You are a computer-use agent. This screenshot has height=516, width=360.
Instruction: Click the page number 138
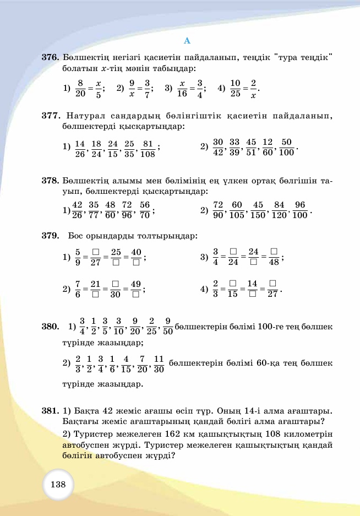(x=58, y=485)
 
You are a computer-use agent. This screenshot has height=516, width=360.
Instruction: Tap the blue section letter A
(x=187, y=41)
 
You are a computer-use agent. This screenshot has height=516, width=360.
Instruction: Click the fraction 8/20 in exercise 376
(x=80, y=88)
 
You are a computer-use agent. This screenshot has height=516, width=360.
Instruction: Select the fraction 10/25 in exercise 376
(x=236, y=88)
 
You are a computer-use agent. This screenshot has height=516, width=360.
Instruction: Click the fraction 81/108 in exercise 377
(x=148, y=148)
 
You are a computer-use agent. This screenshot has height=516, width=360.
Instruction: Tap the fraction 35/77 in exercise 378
(x=94, y=210)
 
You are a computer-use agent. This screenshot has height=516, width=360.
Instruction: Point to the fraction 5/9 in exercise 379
(x=78, y=257)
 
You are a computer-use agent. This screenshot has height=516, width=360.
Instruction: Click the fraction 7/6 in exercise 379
(x=78, y=289)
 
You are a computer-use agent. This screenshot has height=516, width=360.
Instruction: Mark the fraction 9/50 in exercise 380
(x=168, y=327)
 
